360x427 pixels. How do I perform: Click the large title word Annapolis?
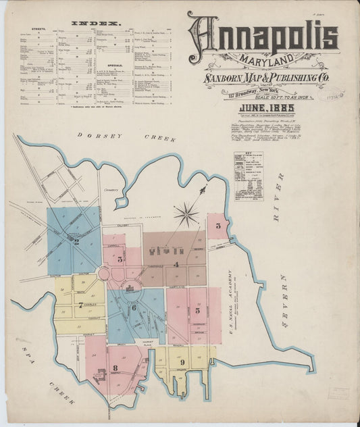(263, 35)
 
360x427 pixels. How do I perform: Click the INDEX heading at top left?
(95, 23)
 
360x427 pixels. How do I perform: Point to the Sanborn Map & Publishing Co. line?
(266, 79)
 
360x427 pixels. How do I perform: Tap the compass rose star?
(186, 216)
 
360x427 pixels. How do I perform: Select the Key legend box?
(248, 176)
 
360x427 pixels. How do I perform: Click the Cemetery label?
(111, 190)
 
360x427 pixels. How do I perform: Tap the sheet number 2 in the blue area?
(76, 241)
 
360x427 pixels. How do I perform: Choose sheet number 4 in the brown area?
(176, 265)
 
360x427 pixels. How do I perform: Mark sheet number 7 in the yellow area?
(80, 305)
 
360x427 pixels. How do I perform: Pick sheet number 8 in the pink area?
(115, 368)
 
